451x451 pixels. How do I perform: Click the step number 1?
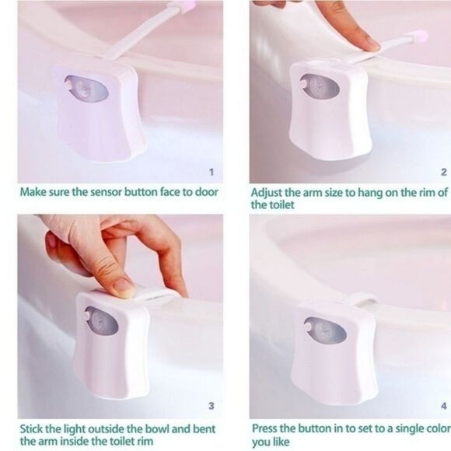[x=211, y=172]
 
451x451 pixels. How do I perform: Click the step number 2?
[x=443, y=172]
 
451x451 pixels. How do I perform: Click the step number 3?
[x=210, y=405]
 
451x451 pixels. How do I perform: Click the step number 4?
[x=443, y=405]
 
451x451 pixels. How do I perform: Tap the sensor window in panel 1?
[x=86, y=88]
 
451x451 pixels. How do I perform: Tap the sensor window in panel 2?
[x=320, y=86]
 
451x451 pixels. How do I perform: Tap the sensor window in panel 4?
[x=325, y=330]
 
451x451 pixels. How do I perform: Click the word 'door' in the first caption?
[x=205, y=192]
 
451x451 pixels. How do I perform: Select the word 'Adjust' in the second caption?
[x=267, y=192]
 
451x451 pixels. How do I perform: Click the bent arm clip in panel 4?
[x=363, y=298]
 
